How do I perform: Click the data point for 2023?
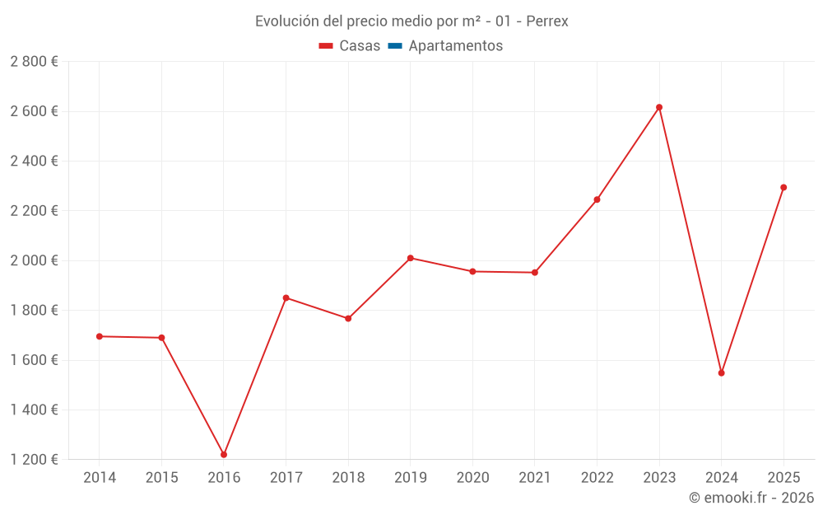click(x=659, y=107)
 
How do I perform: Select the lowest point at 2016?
click(x=224, y=455)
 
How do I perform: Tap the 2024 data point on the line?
click(x=721, y=373)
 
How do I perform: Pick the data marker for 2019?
click(x=410, y=258)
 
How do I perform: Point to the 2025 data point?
click(x=783, y=187)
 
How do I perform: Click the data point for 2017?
click(x=286, y=297)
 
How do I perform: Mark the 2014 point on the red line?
click(x=100, y=336)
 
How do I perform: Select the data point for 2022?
click(x=597, y=199)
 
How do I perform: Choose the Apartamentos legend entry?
click(x=455, y=46)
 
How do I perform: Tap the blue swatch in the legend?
click(x=394, y=46)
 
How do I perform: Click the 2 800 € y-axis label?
click(x=34, y=62)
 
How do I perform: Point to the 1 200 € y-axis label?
click(x=34, y=460)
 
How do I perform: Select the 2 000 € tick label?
click(x=34, y=260)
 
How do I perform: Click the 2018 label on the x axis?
click(x=348, y=478)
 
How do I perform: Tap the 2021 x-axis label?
click(x=535, y=478)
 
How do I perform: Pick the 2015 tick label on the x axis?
click(x=161, y=478)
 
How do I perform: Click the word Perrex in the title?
click(x=546, y=21)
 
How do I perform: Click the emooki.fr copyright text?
click(x=751, y=498)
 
